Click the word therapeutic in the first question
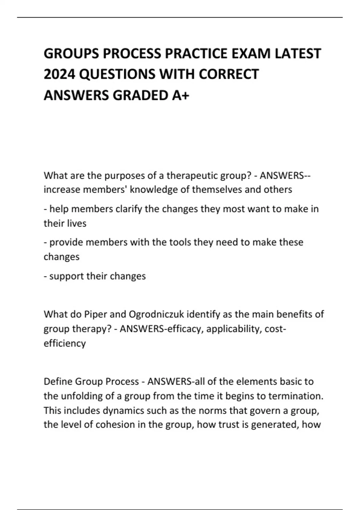[192, 175]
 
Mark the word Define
[58, 382]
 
